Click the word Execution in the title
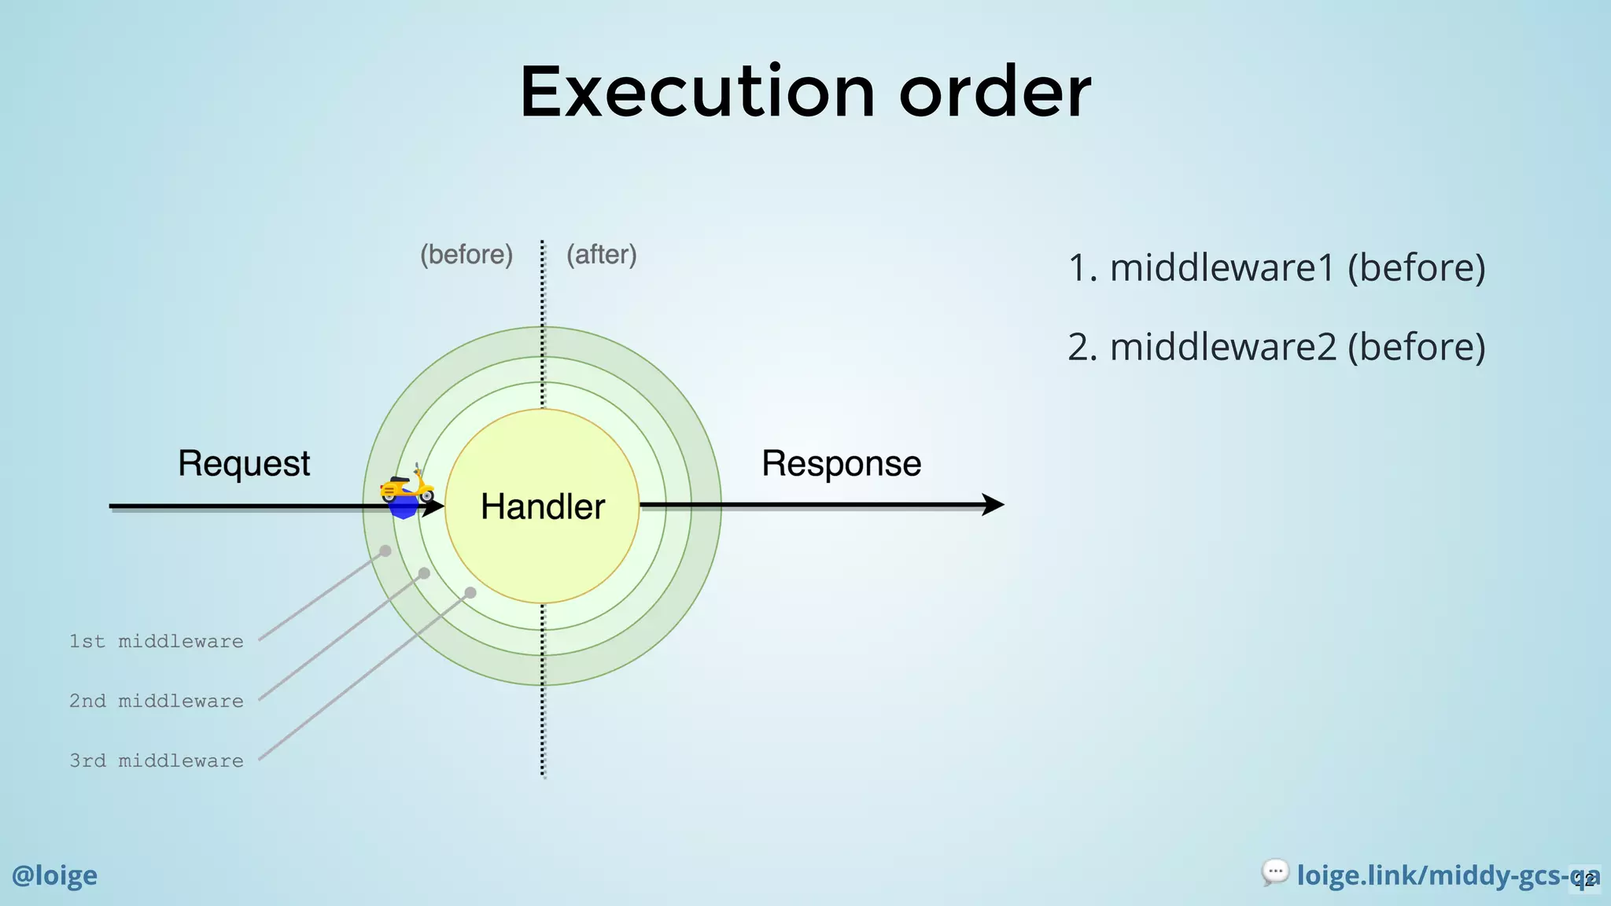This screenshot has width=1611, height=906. [x=697, y=92]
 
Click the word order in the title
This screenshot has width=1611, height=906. [x=995, y=92]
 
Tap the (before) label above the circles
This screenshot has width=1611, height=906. [x=466, y=255]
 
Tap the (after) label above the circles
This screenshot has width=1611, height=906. [x=602, y=255]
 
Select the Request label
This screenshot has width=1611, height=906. [x=244, y=463]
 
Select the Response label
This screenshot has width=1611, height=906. [x=841, y=463]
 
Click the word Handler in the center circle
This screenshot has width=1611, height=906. [x=543, y=506]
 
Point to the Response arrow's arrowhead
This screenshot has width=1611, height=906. [x=994, y=505]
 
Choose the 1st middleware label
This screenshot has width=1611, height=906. [x=157, y=642]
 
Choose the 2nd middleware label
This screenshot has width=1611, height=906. [x=157, y=702]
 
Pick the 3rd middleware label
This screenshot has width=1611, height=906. [x=157, y=761]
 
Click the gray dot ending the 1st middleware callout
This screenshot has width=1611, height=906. [x=385, y=551]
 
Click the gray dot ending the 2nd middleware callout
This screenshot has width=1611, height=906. [x=424, y=573]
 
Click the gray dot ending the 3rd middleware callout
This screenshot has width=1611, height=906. [x=470, y=592]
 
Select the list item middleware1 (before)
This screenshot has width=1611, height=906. [x=1276, y=268]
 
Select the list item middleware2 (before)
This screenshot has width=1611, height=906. [x=1276, y=347]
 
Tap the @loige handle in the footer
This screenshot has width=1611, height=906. [x=54, y=875]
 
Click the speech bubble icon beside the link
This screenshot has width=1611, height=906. [x=1275, y=871]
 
